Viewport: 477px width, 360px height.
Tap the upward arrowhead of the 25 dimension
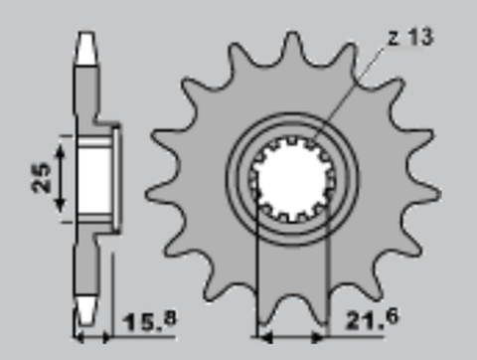(62, 147)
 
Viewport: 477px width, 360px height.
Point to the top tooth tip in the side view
(88, 41)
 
